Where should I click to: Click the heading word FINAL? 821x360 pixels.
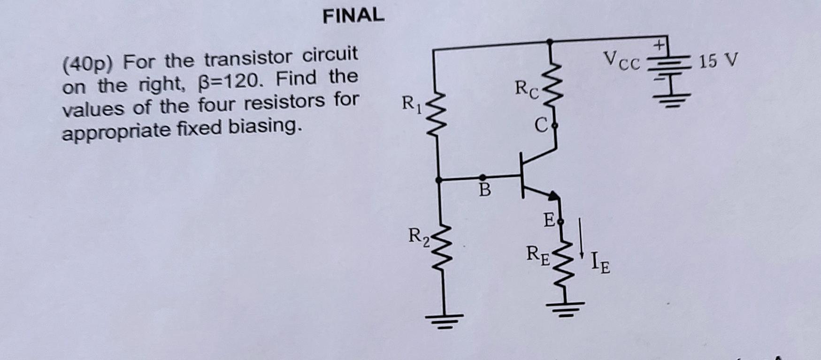[353, 15]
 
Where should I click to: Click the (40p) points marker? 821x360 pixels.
[88, 64]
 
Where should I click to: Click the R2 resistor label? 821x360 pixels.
[418, 236]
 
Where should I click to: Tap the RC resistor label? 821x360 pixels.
[526, 89]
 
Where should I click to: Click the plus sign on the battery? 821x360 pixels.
[660, 46]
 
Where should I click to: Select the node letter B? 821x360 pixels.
[484, 191]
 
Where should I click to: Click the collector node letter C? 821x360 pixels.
[541, 125]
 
